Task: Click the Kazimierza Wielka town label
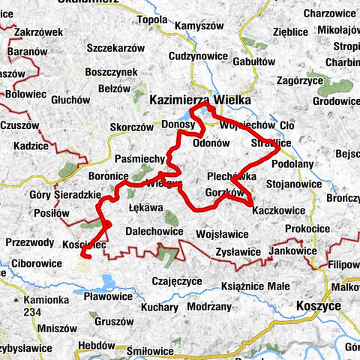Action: tap(193, 98)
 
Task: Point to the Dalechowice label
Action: tap(154, 231)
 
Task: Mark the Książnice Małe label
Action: tap(255, 286)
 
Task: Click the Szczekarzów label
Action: tap(115, 47)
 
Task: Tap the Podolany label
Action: tap(292, 162)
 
